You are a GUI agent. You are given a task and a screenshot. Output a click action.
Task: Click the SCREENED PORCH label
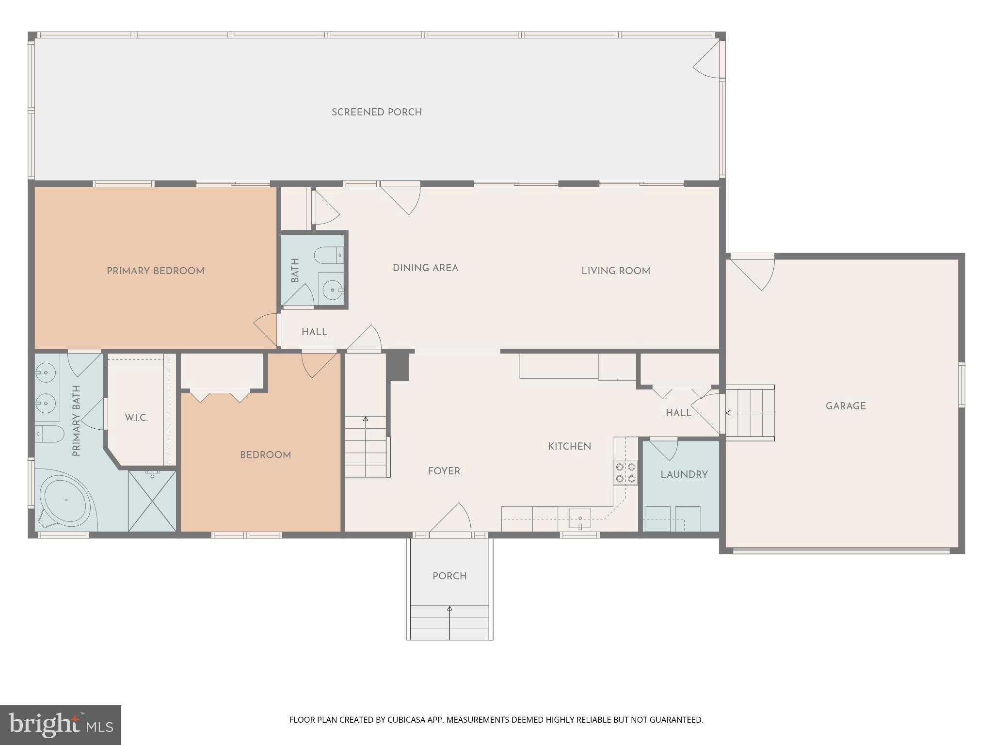376,112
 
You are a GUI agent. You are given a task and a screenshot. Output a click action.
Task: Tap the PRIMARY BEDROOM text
155,271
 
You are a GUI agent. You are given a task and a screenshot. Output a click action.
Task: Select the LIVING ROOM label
615,271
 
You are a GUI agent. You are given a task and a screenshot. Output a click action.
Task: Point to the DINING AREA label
425,268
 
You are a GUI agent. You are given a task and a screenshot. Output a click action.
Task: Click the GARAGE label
845,406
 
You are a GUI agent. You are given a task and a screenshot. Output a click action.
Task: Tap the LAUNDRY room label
684,474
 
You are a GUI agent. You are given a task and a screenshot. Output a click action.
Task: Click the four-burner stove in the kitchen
625,473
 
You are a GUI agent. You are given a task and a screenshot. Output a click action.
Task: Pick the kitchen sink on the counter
580,519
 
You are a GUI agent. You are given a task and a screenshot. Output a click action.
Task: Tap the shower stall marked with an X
152,501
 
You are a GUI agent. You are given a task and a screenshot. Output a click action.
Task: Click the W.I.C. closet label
136,418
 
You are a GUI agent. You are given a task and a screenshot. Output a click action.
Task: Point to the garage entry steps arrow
729,413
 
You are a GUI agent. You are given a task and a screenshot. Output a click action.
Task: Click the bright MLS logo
61,725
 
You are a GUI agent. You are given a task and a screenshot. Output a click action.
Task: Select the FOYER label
444,471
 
